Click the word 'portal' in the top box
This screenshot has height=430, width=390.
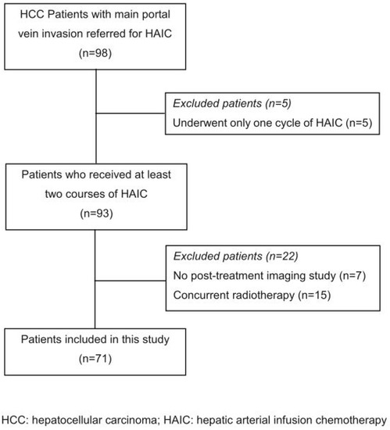159,18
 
